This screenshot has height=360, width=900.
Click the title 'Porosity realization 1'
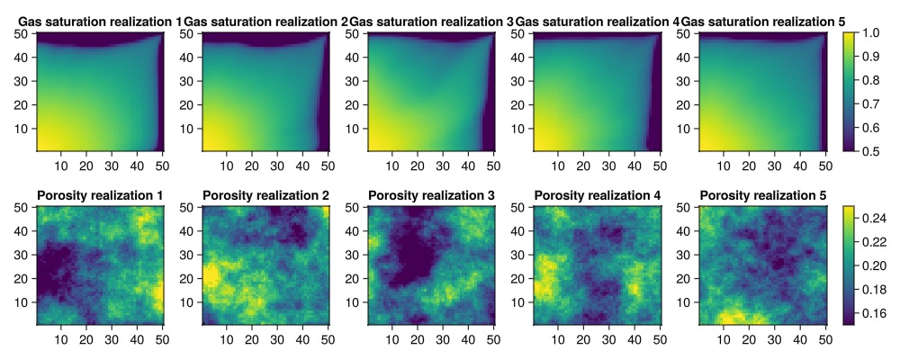(100, 195)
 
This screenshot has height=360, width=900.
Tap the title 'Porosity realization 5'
(762, 195)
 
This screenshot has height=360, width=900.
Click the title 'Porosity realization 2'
(265, 195)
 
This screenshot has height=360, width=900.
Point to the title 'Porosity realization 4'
(597, 195)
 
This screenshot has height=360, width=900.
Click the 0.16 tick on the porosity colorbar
(876, 313)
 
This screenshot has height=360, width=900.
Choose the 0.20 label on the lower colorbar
(876, 266)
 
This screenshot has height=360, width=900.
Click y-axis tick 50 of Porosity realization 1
(24, 208)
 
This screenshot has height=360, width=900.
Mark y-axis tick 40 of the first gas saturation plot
(24, 57)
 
